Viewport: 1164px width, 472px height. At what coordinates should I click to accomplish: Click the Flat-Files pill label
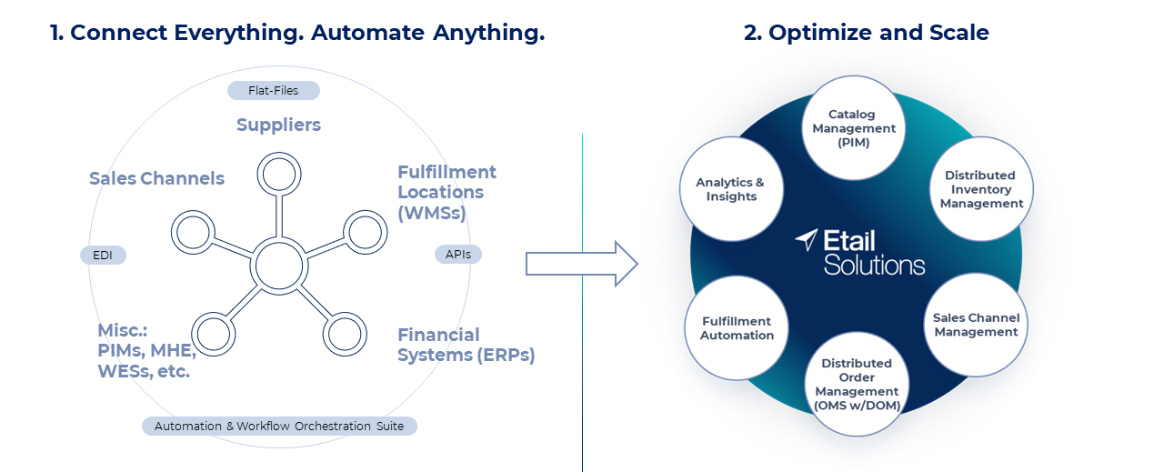click(274, 90)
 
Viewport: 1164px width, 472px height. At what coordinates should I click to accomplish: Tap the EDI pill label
click(103, 256)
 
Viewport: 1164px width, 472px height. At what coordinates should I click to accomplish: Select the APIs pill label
click(458, 255)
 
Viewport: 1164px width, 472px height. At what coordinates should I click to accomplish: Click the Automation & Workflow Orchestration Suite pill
click(279, 426)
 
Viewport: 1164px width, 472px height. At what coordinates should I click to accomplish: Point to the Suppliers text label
click(278, 125)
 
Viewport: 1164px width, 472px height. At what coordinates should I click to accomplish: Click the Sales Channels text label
click(156, 178)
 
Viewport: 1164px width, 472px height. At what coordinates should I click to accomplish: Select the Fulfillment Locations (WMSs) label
click(447, 192)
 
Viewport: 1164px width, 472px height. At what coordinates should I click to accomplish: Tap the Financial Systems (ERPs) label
click(466, 345)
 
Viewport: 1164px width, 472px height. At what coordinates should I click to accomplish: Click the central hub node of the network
click(279, 266)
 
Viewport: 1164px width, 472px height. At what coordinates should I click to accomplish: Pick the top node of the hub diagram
click(279, 173)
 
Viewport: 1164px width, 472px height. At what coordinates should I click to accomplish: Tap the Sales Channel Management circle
click(976, 325)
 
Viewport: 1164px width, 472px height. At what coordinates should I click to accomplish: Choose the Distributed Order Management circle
click(857, 385)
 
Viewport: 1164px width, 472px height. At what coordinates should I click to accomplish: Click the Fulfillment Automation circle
click(737, 327)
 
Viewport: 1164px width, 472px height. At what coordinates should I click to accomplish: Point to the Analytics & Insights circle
click(731, 189)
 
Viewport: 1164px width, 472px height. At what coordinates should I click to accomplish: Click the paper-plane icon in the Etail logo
click(807, 240)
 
